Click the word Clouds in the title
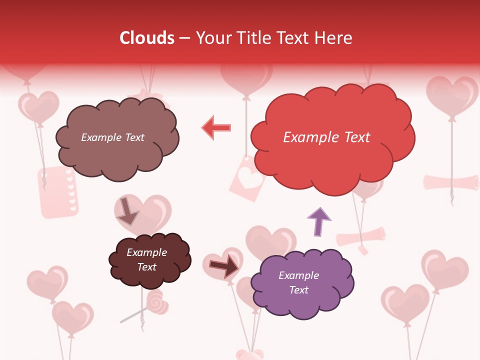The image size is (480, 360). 147,38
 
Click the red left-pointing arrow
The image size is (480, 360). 216,128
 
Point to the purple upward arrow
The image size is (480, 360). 319,220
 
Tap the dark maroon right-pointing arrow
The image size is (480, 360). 224,266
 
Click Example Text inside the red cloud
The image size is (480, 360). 326,137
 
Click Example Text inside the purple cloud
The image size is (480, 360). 298,282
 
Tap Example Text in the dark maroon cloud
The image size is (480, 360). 146,259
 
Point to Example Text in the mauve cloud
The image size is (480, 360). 112,137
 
